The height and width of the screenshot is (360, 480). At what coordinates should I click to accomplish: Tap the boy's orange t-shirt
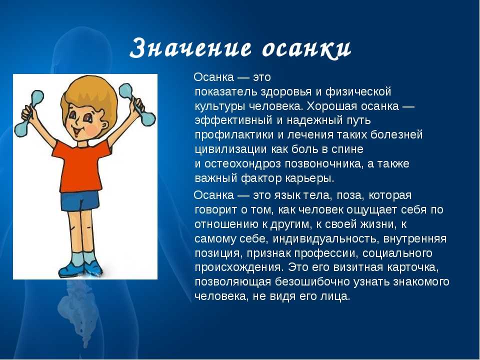tap(80, 166)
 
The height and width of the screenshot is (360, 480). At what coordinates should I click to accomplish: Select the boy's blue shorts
tap(80, 201)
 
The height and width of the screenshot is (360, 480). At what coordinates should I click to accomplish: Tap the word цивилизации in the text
tap(230, 149)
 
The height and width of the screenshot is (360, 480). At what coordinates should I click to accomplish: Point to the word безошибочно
tap(312, 282)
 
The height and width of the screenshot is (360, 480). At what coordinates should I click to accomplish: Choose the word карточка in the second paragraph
tap(413, 267)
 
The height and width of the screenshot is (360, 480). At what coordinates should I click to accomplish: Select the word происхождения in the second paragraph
tap(239, 267)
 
